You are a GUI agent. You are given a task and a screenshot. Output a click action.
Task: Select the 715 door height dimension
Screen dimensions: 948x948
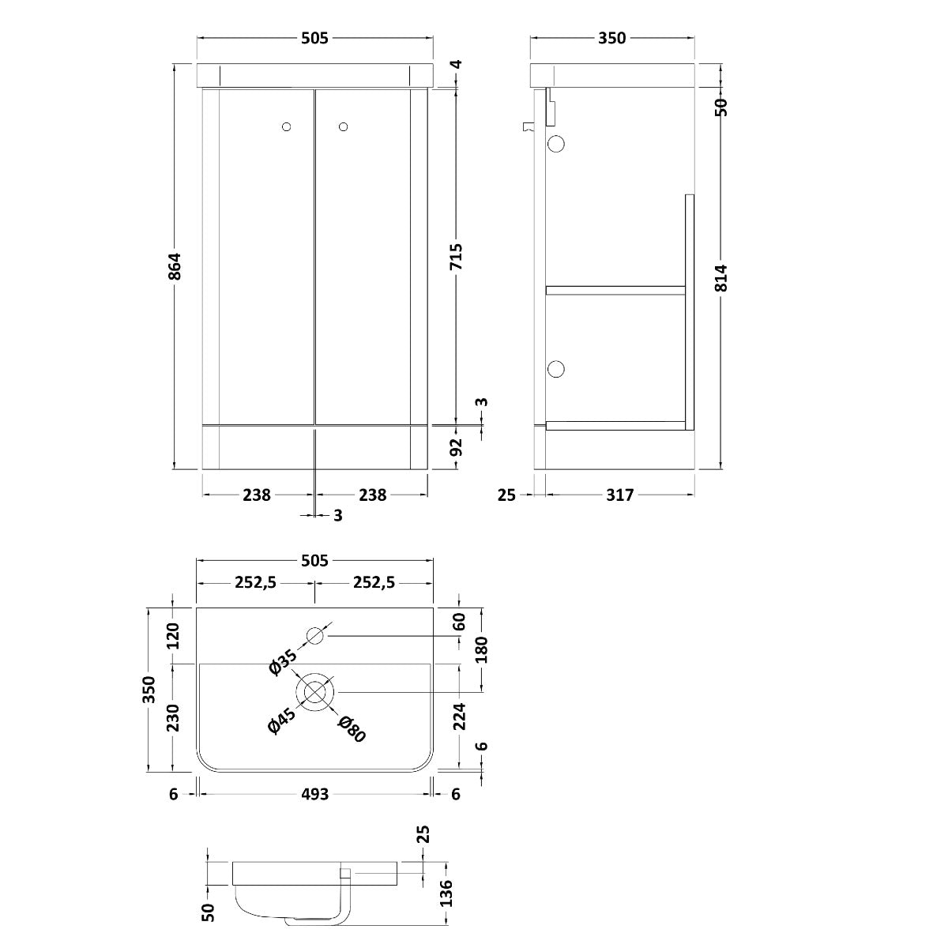(x=456, y=258)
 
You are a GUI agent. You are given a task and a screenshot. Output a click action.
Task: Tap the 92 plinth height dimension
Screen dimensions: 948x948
(x=456, y=448)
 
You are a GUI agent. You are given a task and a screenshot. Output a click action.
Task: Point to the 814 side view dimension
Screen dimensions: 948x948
(x=720, y=277)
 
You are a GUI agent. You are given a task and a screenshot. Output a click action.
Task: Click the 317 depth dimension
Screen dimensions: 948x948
(x=620, y=495)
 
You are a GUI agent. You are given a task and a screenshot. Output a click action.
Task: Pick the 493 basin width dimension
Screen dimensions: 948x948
(x=314, y=794)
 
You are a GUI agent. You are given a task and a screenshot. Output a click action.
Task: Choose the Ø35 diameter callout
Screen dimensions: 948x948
(x=282, y=661)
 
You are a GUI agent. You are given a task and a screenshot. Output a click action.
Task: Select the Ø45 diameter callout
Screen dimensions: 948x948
(x=281, y=721)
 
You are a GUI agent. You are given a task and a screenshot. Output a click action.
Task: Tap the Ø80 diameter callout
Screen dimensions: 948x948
(x=352, y=728)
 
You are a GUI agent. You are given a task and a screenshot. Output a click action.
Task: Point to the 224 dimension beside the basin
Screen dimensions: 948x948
(x=460, y=716)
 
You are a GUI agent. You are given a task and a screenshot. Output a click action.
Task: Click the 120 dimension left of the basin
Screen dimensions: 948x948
(x=173, y=635)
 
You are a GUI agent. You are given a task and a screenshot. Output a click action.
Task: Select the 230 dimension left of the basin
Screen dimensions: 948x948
(x=173, y=717)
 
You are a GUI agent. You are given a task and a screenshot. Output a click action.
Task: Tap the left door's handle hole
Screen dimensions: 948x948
(x=286, y=126)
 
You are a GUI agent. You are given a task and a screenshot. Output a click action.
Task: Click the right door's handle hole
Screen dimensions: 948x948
(x=343, y=126)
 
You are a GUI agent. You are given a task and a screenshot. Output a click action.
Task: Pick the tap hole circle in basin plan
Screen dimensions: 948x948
(x=315, y=636)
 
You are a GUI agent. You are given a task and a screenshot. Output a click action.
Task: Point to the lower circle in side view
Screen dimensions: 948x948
(x=556, y=369)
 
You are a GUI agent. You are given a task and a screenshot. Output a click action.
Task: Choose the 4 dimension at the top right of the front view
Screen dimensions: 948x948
(x=457, y=65)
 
